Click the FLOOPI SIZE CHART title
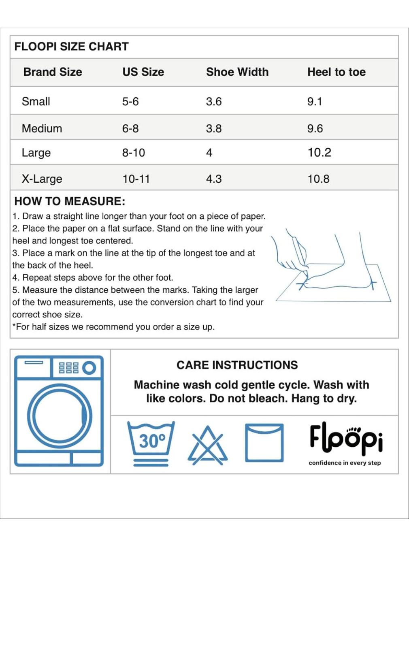click(71, 47)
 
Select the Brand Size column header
click(53, 72)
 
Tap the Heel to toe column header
click(337, 72)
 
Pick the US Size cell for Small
click(130, 101)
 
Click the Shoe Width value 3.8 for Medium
click(214, 128)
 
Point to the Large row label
click(36, 153)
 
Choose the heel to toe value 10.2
click(319, 152)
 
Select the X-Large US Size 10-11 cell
click(136, 179)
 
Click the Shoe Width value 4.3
click(214, 179)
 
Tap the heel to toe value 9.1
click(315, 101)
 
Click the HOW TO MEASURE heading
click(70, 201)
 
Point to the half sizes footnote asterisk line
click(113, 327)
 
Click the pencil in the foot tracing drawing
click(300, 253)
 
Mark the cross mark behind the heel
click(372, 283)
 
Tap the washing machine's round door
click(60, 416)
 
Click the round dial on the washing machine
click(89, 368)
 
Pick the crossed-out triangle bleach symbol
click(208, 446)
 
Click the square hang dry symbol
click(264, 443)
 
